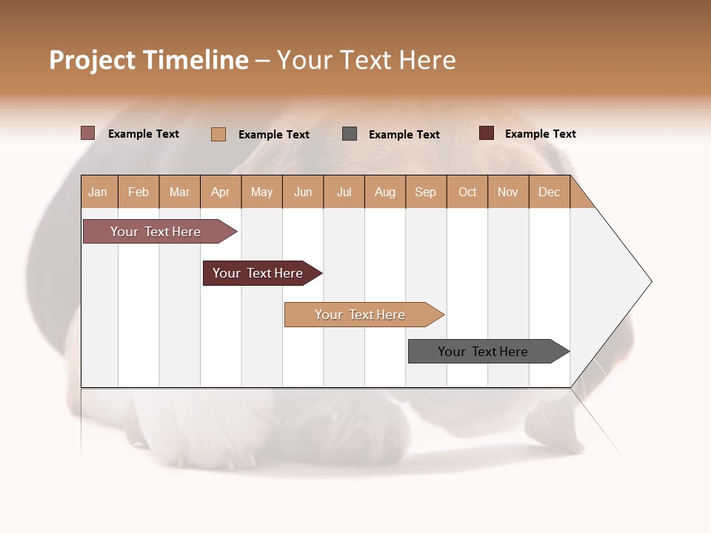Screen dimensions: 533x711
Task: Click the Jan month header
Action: [99, 192]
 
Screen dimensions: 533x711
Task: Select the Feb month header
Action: [138, 192]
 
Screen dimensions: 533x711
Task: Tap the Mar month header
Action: [179, 192]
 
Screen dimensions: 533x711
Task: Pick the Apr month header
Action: [221, 192]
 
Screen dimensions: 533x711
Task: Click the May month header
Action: [261, 192]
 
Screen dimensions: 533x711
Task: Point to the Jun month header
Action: [303, 192]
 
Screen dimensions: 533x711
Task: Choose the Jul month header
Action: [344, 192]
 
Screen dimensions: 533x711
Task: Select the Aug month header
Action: [385, 192]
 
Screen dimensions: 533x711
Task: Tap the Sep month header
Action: [426, 192]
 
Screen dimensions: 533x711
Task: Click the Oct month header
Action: [467, 192]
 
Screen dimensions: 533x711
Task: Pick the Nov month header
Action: [508, 192]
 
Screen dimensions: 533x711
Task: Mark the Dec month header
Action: [550, 192]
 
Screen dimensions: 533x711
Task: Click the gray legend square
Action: [350, 134]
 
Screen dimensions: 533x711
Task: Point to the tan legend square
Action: [218, 134]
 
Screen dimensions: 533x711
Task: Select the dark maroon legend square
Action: [487, 133]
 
